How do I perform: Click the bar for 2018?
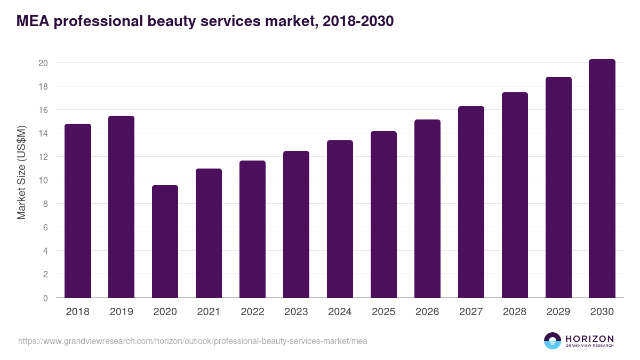(x=77, y=211)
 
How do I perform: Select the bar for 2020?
(x=165, y=241)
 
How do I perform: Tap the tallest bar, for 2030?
(x=602, y=179)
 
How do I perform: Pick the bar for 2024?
(x=340, y=219)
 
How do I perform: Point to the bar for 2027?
(x=471, y=202)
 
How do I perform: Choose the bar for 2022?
(x=252, y=229)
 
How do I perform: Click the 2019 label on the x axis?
(x=121, y=312)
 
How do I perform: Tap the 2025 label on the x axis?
(x=383, y=312)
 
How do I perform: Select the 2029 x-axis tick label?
(x=558, y=312)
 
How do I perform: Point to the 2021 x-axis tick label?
(x=209, y=312)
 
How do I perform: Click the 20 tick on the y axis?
(x=43, y=63)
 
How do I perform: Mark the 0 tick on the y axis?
(x=45, y=298)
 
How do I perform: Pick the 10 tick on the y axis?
(x=43, y=180)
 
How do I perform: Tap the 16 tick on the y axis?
(x=43, y=110)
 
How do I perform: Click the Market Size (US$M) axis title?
(x=21, y=172)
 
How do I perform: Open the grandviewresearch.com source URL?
(x=193, y=341)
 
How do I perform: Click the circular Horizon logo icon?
(x=553, y=341)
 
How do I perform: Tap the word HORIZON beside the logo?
(x=589, y=339)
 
